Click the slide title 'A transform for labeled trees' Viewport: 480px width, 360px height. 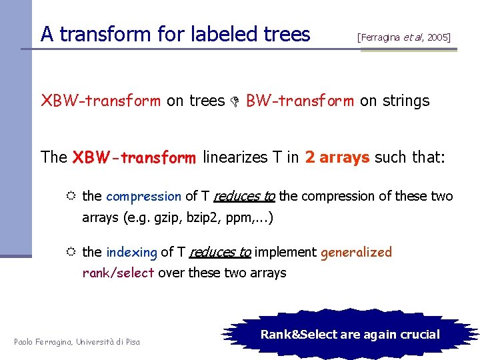click(175, 34)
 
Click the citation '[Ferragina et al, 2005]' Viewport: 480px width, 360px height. click(404, 37)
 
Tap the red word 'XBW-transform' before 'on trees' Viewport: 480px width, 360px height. click(101, 101)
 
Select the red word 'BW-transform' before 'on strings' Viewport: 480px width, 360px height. click(300, 101)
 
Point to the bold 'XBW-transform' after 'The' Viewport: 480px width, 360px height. click(134, 157)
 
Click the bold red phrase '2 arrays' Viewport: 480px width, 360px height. click(337, 157)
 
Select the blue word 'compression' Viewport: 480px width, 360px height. click(143, 196)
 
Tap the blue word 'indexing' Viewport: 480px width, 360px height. click(131, 252)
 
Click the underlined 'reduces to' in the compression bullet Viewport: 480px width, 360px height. click(245, 196)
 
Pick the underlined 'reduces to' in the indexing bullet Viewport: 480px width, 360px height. click(220, 252)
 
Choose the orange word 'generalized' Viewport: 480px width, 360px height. click(356, 252)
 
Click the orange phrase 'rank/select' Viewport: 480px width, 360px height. click(118, 273)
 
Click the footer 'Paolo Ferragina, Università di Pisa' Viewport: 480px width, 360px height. click(77, 342)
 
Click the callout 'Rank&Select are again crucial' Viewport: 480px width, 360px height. click(350, 334)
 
